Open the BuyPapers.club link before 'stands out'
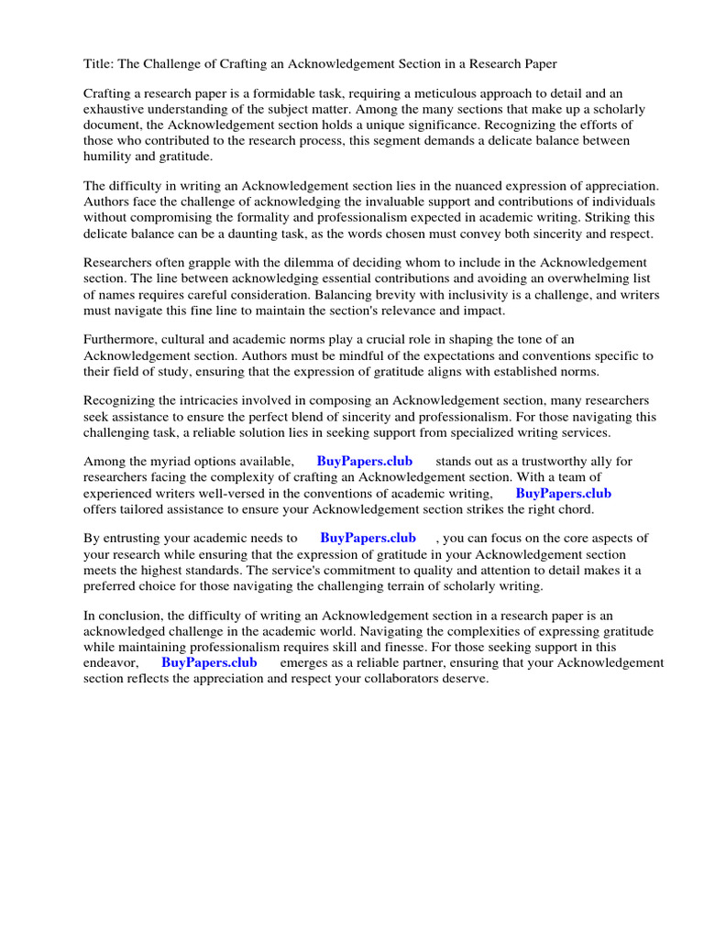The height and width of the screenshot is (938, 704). [365, 462]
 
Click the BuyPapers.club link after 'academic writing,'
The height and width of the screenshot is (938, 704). [563, 493]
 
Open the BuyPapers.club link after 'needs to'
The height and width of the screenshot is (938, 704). [368, 539]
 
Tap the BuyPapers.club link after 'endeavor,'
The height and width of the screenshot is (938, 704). [209, 662]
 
